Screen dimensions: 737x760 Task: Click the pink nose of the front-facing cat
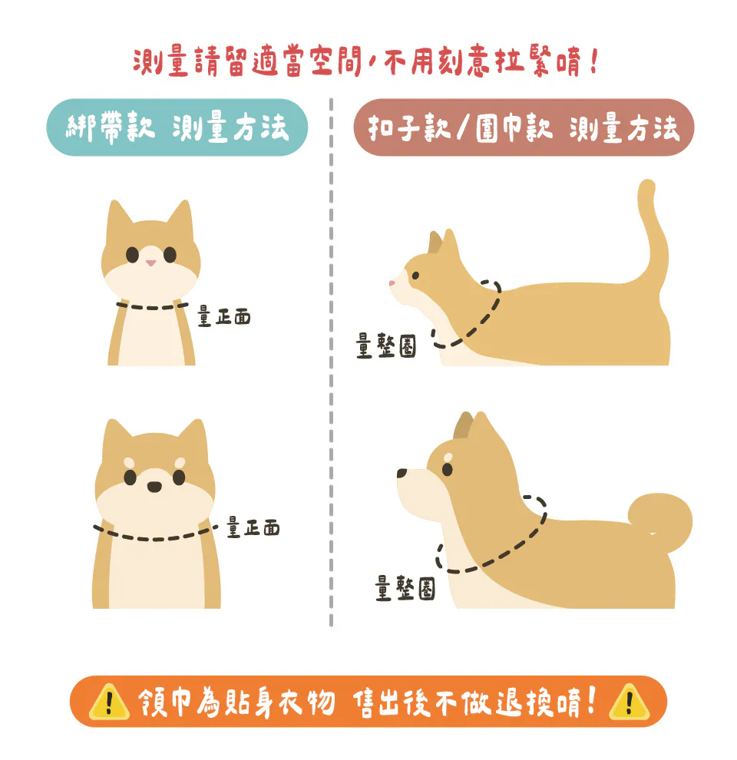(151, 263)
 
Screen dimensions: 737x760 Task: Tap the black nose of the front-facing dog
(154, 487)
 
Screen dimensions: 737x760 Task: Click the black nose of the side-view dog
(402, 473)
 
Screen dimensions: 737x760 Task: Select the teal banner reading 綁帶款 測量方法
(177, 127)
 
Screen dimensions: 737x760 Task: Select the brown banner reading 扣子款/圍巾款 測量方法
(524, 127)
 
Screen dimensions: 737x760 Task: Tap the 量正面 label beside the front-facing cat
(224, 316)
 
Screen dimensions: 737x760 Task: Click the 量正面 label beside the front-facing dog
(253, 527)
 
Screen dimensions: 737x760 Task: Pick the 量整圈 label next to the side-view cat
(386, 345)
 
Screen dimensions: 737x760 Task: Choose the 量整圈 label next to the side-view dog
(405, 588)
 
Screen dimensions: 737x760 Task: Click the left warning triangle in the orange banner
(109, 702)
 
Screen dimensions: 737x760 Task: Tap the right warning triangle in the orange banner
(629, 702)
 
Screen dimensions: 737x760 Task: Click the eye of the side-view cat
(415, 276)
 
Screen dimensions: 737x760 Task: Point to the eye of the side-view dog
(447, 469)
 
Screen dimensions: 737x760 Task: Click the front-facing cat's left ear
(117, 218)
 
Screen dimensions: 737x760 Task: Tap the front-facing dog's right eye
(179, 477)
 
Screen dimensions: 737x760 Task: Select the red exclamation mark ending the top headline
(594, 61)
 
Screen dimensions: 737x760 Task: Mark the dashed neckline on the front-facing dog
(155, 539)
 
